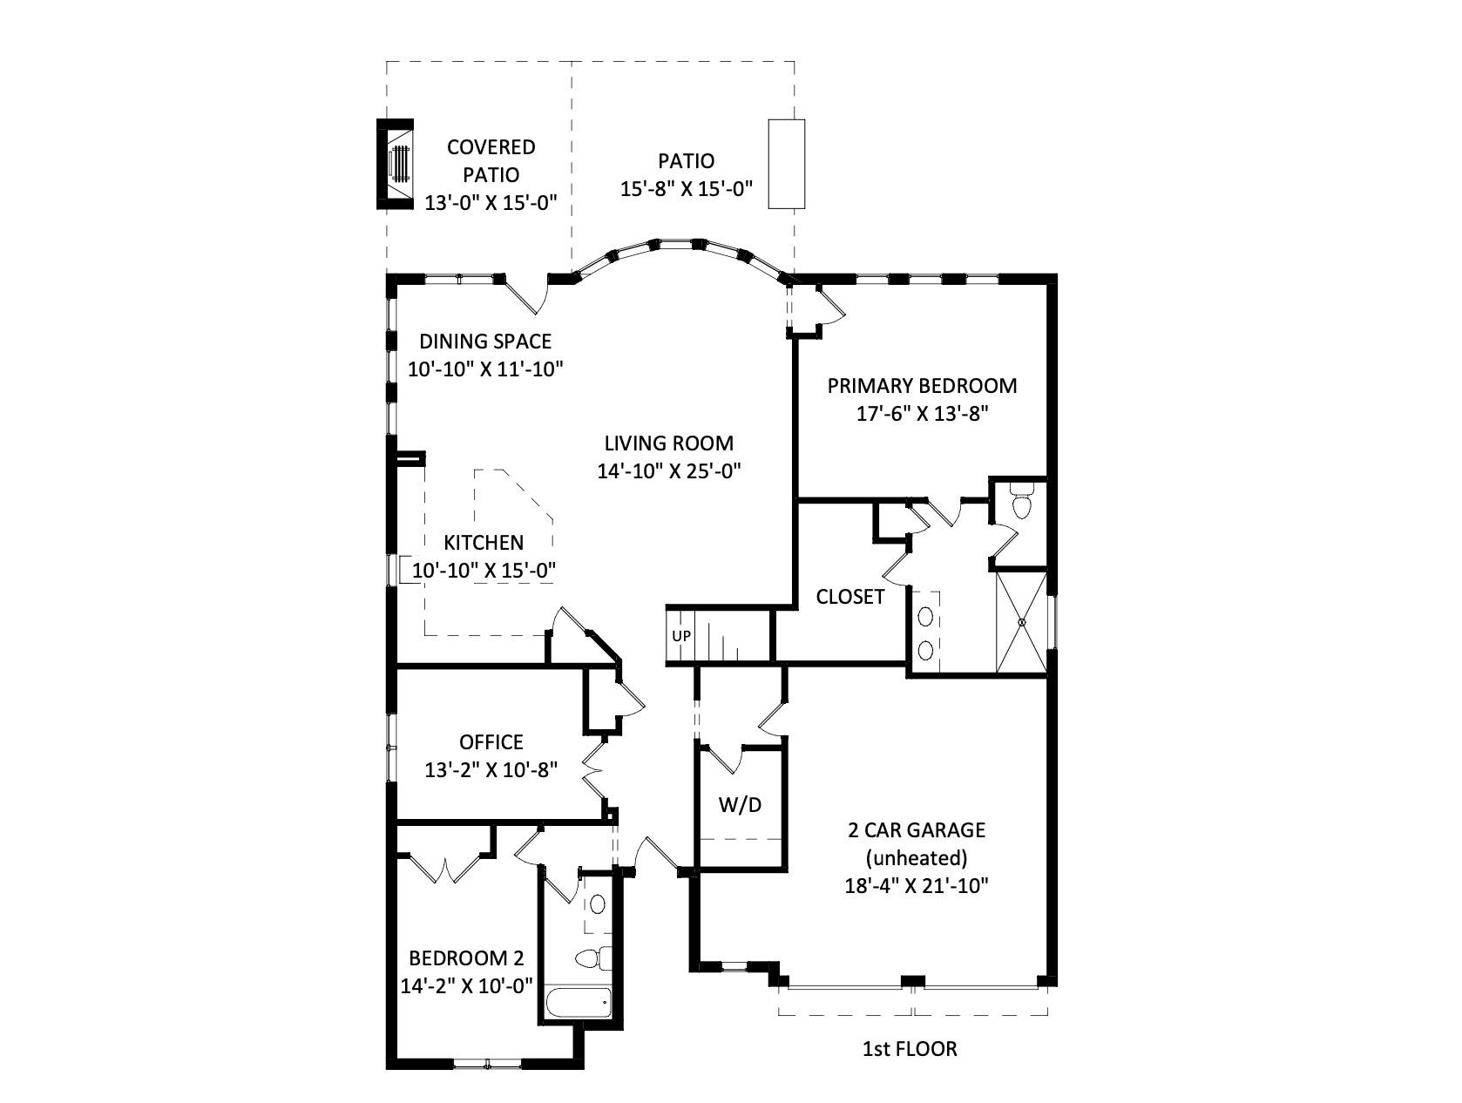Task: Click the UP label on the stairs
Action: (681, 636)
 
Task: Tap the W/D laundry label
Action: (740, 804)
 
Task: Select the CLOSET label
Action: (849, 597)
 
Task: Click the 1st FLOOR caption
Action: (910, 1049)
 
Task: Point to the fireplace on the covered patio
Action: (396, 164)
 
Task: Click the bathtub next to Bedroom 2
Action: (579, 1003)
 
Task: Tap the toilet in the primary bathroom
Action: (1022, 504)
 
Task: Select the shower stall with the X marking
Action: (1021, 620)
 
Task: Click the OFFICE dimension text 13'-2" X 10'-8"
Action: (491, 770)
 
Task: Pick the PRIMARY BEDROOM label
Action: (922, 385)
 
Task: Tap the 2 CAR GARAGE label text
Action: (917, 829)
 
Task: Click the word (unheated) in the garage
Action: (917, 858)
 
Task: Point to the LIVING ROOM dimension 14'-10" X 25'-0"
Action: (668, 471)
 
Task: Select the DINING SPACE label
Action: (485, 341)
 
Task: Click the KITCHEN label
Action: (484, 543)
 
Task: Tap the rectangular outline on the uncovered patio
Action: (786, 164)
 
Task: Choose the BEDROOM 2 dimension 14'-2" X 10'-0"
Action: (466, 986)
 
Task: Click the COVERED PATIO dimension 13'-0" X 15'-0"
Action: (491, 203)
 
